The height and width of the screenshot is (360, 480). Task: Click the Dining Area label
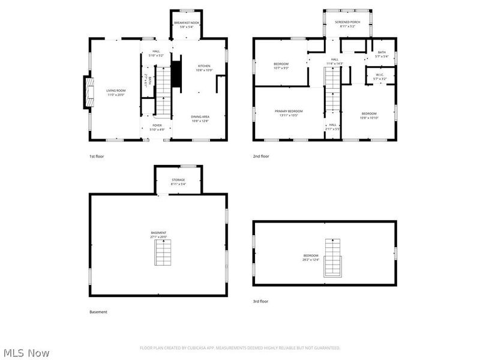tap(200, 119)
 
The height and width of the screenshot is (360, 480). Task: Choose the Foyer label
tap(156, 127)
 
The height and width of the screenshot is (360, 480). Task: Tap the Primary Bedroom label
tap(289, 113)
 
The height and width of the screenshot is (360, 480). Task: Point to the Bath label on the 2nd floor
tap(382, 55)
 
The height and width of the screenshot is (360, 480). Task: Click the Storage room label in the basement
tap(178, 182)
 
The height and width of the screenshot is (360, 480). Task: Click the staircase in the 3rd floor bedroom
tap(332, 258)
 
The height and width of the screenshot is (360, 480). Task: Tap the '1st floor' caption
tap(97, 156)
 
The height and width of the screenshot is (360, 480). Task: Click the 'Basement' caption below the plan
tap(98, 312)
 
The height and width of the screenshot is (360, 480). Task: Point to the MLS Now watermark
tap(26, 353)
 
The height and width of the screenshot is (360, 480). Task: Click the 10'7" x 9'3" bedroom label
tap(281, 65)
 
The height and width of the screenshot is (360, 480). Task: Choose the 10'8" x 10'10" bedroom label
tap(369, 115)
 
